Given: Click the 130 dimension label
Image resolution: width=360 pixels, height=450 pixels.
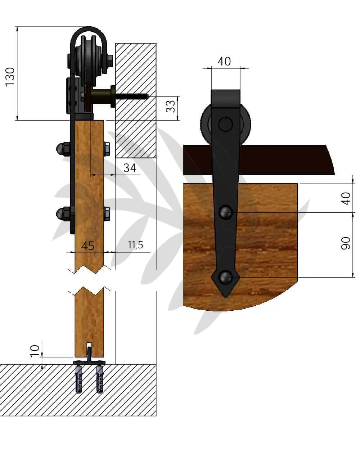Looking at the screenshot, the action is click(10, 77).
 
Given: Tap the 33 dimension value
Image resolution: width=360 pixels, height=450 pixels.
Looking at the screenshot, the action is click(171, 107).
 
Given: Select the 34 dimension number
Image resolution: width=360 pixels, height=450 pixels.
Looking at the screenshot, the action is click(130, 168).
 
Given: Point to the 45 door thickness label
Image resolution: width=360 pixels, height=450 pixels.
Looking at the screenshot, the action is click(88, 246).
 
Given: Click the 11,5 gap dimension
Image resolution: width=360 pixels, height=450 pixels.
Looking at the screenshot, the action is click(136, 245).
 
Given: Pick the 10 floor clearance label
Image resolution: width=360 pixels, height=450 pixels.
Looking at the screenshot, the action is click(35, 351).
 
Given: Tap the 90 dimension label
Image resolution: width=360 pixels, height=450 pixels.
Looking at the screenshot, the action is click(346, 243).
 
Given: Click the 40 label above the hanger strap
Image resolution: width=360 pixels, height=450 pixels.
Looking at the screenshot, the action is click(224, 62).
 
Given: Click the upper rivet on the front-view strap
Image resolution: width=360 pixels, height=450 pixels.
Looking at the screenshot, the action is click(226, 212).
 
